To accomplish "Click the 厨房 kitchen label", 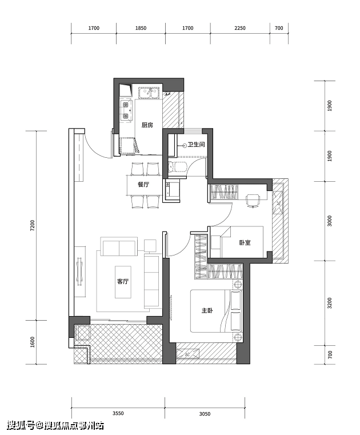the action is (x=147, y=125).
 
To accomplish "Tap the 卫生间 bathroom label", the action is (x=196, y=145).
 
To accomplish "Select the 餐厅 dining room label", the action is (x=143, y=185).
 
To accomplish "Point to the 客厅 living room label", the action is (x=123, y=282).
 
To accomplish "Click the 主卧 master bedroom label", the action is (x=207, y=310).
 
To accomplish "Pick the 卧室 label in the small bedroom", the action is (x=245, y=242).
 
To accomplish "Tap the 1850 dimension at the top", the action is (x=141, y=28).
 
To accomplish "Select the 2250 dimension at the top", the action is (x=240, y=28).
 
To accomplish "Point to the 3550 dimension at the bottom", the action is (x=118, y=413).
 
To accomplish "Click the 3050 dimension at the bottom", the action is (x=205, y=414).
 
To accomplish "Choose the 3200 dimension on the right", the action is (x=330, y=303).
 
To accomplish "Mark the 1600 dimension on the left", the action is (x=33, y=342).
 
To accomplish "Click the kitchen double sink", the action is (x=149, y=93).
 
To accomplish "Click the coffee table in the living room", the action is (x=123, y=282).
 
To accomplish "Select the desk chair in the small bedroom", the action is (x=253, y=200).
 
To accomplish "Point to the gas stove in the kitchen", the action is (x=126, y=110).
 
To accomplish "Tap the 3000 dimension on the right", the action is (x=330, y=221).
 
